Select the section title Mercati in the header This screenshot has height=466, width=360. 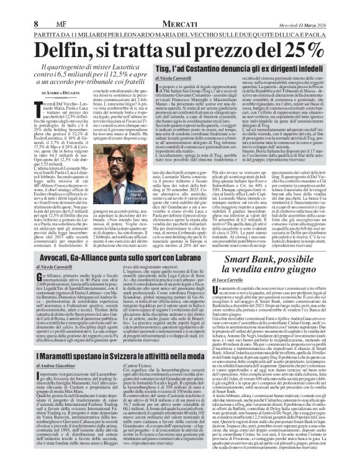pos(179,7)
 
